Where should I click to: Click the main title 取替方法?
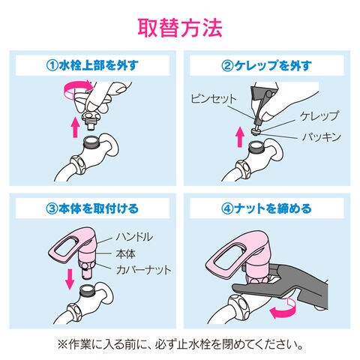[x=180, y=28]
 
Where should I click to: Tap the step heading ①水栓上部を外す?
[x=92, y=65]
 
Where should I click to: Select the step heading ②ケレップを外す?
[x=267, y=65]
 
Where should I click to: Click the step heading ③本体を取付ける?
[x=92, y=208]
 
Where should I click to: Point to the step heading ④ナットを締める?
[x=267, y=208]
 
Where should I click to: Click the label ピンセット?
[x=213, y=99]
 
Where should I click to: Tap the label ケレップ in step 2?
[x=319, y=116]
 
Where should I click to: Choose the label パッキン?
[x=322, y=136]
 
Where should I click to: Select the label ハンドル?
[x=134, y=236]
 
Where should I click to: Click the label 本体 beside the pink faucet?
[x=125, y=253]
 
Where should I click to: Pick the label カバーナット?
[x=144, y=270]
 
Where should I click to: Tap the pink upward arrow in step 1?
[x=75, y=127]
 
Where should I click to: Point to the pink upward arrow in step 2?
[x=240, y=136]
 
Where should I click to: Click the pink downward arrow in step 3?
[x=70, y=279]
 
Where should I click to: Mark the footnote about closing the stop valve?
[x=180, y=345]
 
